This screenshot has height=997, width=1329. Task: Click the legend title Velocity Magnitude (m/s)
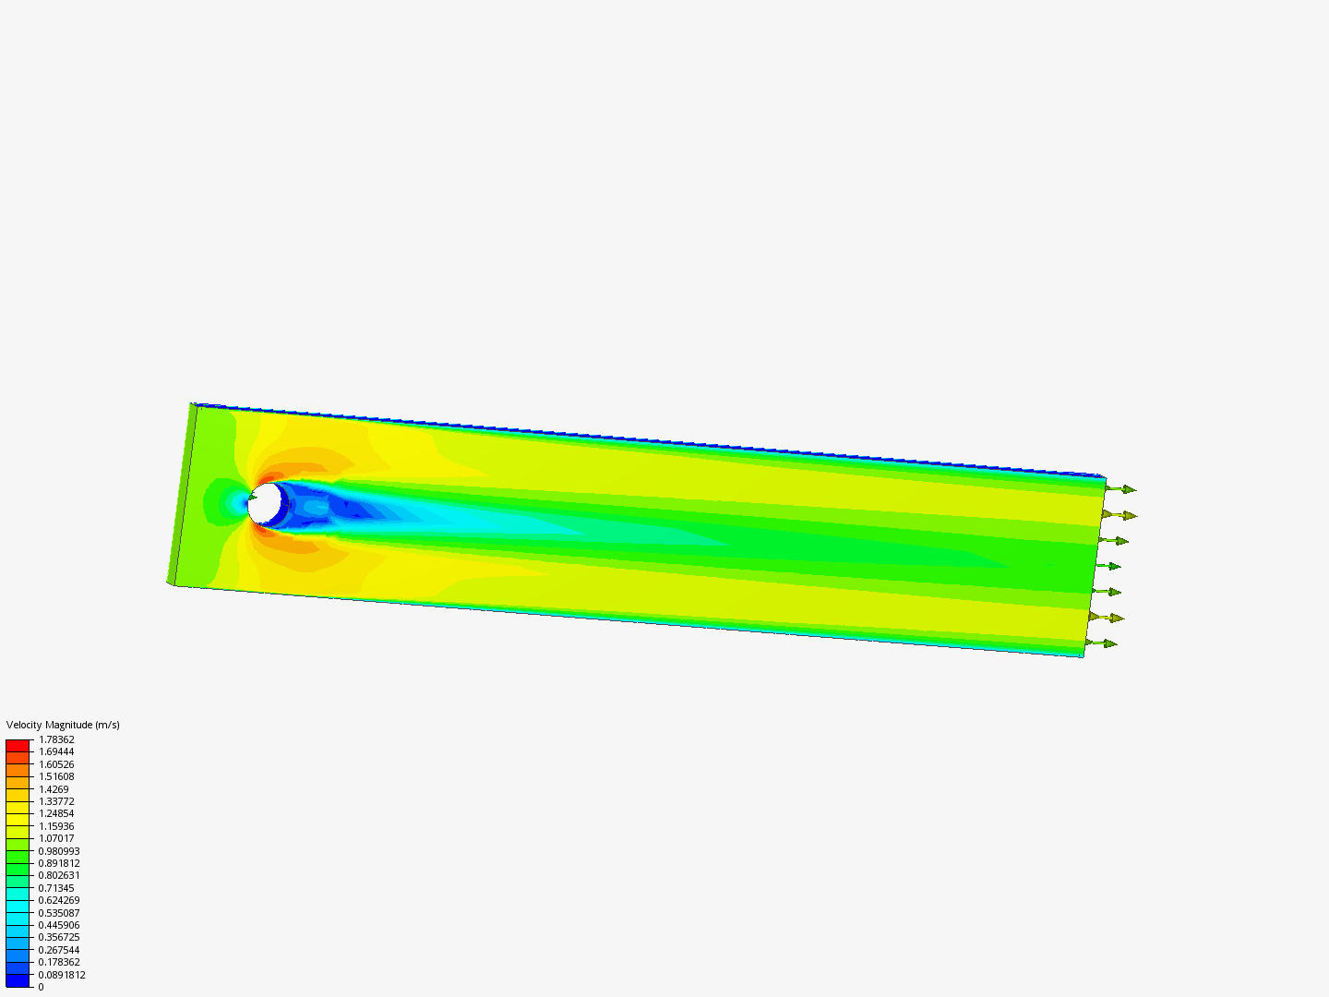point(63,725)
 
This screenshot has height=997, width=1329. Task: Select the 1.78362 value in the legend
point(56,739)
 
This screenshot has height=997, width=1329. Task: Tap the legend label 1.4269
point(54,789)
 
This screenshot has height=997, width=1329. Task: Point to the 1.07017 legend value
point(56,838)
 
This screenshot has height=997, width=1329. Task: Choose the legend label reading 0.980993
point(59,851)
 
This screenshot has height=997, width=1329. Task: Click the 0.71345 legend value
point(56,888)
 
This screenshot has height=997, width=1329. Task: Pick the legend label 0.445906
point(59,925)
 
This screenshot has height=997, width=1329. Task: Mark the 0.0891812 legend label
point(62,975)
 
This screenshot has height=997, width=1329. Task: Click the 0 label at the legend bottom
point(41,987)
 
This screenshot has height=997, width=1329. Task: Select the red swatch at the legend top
point(18,745)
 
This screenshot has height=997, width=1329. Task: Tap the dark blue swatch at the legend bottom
point(18,980)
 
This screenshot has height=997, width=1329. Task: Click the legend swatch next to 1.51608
point(18,782)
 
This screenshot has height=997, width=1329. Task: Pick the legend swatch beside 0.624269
point(18,906)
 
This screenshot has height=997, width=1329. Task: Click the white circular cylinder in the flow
point(266,503)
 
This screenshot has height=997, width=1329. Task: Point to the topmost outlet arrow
point(1120,489)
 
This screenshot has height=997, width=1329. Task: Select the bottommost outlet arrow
point(1103,643)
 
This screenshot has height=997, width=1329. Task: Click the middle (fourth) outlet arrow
point(1107,566)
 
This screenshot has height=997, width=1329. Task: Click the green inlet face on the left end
point(183,494)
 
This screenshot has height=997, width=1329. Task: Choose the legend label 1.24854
point(56,813)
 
